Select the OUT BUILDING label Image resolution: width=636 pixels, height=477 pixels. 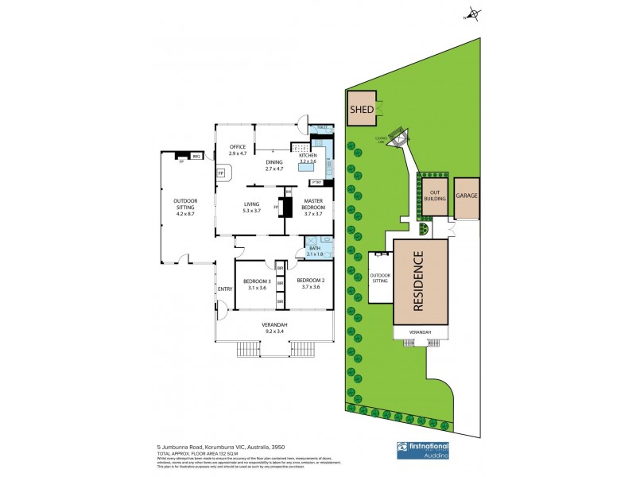coord(436,196)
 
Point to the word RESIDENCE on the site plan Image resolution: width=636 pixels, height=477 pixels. coord(421,279)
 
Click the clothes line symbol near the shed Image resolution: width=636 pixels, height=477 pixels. coord(399,137)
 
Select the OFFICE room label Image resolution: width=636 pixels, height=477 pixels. coord(237,147)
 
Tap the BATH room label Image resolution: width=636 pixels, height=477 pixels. coord(316,248)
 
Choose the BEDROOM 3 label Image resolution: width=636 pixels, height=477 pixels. coord(257,281)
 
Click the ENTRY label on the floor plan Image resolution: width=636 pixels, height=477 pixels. coord(224,289)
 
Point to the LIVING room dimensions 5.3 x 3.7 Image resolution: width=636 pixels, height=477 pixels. coord(252,212)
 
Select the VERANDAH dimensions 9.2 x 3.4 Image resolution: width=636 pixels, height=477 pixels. coord(274,331)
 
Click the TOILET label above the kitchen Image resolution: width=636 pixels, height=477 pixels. coord(322,128)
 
